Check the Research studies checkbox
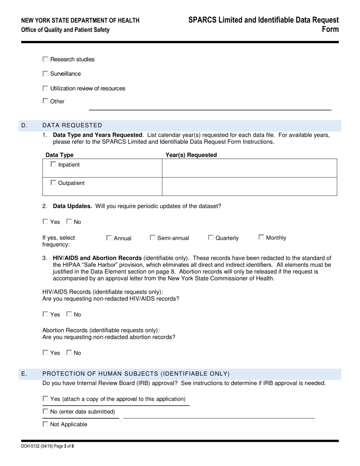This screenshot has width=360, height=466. [45, 59]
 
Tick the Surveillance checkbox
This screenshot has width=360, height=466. [45, 74]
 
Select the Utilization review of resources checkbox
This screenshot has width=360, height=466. [45, 88]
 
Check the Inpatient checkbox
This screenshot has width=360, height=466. [53, 164]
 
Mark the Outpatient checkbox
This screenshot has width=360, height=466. [53, 183]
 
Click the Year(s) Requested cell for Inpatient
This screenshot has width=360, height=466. [249, 168]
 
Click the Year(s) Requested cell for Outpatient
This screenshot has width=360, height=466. [249, 186]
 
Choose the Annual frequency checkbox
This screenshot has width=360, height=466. [109, 238]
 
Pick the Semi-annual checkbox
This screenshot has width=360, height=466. [153, 238]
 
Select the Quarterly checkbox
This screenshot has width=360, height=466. [211, 238]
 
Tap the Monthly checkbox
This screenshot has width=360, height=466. [261, 237]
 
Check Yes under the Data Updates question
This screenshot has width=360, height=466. [45, 222]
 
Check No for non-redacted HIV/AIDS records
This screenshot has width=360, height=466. [69, 314]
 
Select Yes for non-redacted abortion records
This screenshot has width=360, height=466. [45, 353]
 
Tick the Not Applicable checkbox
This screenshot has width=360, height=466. [45, 424]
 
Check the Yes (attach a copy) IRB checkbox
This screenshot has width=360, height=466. [45, 399]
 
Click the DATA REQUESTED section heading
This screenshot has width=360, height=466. [72, 125]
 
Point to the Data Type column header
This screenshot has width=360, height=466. [59, 155]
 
